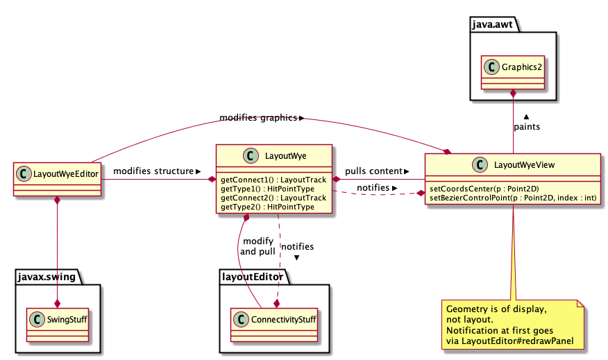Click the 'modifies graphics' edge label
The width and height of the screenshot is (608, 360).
click(x=258, y=117)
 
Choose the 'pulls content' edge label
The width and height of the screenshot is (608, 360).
click(x=373, y=171)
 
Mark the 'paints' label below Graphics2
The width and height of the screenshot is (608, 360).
click(x=527, y=127)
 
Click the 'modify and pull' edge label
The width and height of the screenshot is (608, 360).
click(x=258, y=246)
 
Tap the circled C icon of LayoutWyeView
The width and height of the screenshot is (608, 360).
click(x=478, y=165)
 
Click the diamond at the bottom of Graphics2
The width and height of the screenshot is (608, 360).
click(x=513, y=93)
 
